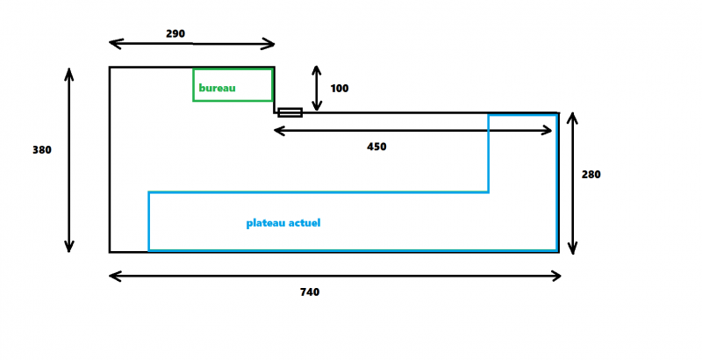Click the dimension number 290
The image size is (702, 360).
[175, 33]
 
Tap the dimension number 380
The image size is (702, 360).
[42, 150]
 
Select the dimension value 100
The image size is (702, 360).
[340, 89]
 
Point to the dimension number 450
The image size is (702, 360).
[376, 147]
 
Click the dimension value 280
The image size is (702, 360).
[591, 174]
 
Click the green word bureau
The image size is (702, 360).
[217, 88]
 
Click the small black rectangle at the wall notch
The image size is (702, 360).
[290, 112]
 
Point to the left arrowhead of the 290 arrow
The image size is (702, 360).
[113, 43]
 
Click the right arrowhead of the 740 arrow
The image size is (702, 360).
[557, 276]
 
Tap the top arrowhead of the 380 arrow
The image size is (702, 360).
[68, 71]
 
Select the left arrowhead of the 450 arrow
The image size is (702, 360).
[277, 131]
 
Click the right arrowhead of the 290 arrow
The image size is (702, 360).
[271, 43]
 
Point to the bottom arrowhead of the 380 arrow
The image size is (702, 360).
[68, 248]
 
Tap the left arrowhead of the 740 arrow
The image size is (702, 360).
[113, 276]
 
